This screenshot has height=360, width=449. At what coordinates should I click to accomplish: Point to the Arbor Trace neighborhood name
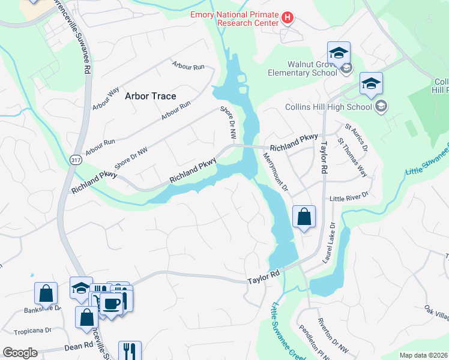click(x=150, y=96)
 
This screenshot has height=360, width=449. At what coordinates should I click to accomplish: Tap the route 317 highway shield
click(x=75, y=159)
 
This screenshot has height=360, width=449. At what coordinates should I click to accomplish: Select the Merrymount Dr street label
click(x=276, y=171)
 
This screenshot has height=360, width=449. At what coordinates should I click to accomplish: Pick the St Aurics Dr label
click(x=355, y=137)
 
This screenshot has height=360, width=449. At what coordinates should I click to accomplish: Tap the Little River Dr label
click(x=348, y=197)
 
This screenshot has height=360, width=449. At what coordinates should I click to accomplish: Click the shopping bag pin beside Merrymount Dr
click(x=304, y=217)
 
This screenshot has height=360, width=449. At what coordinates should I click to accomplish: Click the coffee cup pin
click(x=110, y=303)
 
